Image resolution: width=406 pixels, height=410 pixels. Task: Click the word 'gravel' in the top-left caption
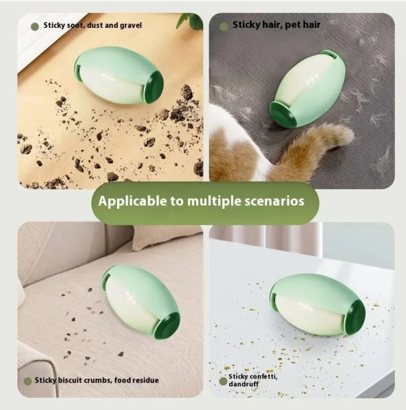tap(131, 26)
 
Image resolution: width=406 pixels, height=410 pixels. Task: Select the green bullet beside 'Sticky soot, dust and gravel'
tap(35, 26)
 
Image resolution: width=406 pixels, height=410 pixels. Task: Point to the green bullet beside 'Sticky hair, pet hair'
tap(224, 26)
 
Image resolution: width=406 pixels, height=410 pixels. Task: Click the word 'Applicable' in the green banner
tap(133, 201)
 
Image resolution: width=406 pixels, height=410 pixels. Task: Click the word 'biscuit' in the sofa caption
tap(69, 380)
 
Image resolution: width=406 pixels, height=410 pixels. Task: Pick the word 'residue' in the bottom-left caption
tap(145, 380)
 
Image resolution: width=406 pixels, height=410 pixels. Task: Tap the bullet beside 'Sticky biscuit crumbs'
tap(28, 381)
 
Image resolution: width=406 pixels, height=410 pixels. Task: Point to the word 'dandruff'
tap(244, 384)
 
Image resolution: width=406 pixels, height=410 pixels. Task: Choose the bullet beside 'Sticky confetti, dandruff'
tap(223, 381)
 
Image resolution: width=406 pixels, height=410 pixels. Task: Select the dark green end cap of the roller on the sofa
tap(167, 325)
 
